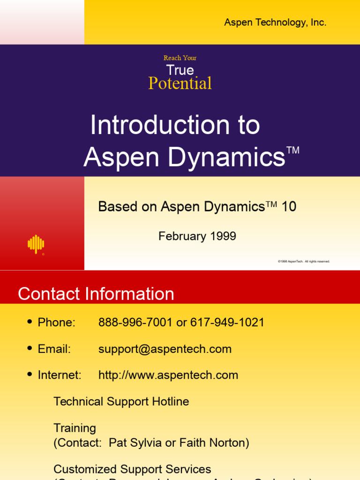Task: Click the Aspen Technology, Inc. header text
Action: coord(275,22)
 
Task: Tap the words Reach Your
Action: coord(180,58)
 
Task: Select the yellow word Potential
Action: coord(180,83)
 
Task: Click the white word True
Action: coord(180,70)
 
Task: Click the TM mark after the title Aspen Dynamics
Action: coord(292,150)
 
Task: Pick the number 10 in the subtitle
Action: coord(289,207)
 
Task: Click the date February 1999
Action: coord(197,236)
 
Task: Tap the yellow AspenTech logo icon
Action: coord(36,244)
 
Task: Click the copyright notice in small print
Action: coord(304,261)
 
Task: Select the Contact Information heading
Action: coord(96,294)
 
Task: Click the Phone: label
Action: coord(56,322)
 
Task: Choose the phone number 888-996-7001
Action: coord(135,322)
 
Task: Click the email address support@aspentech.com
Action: coord(165,349)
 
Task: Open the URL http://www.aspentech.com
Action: coord(168,375)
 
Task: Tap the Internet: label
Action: coord(60,375)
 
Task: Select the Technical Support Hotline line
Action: coord(121,402)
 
